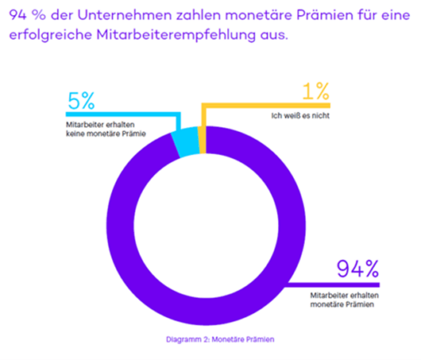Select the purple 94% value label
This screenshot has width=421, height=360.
point(358,269)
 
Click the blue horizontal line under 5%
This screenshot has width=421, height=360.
point(118,114)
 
